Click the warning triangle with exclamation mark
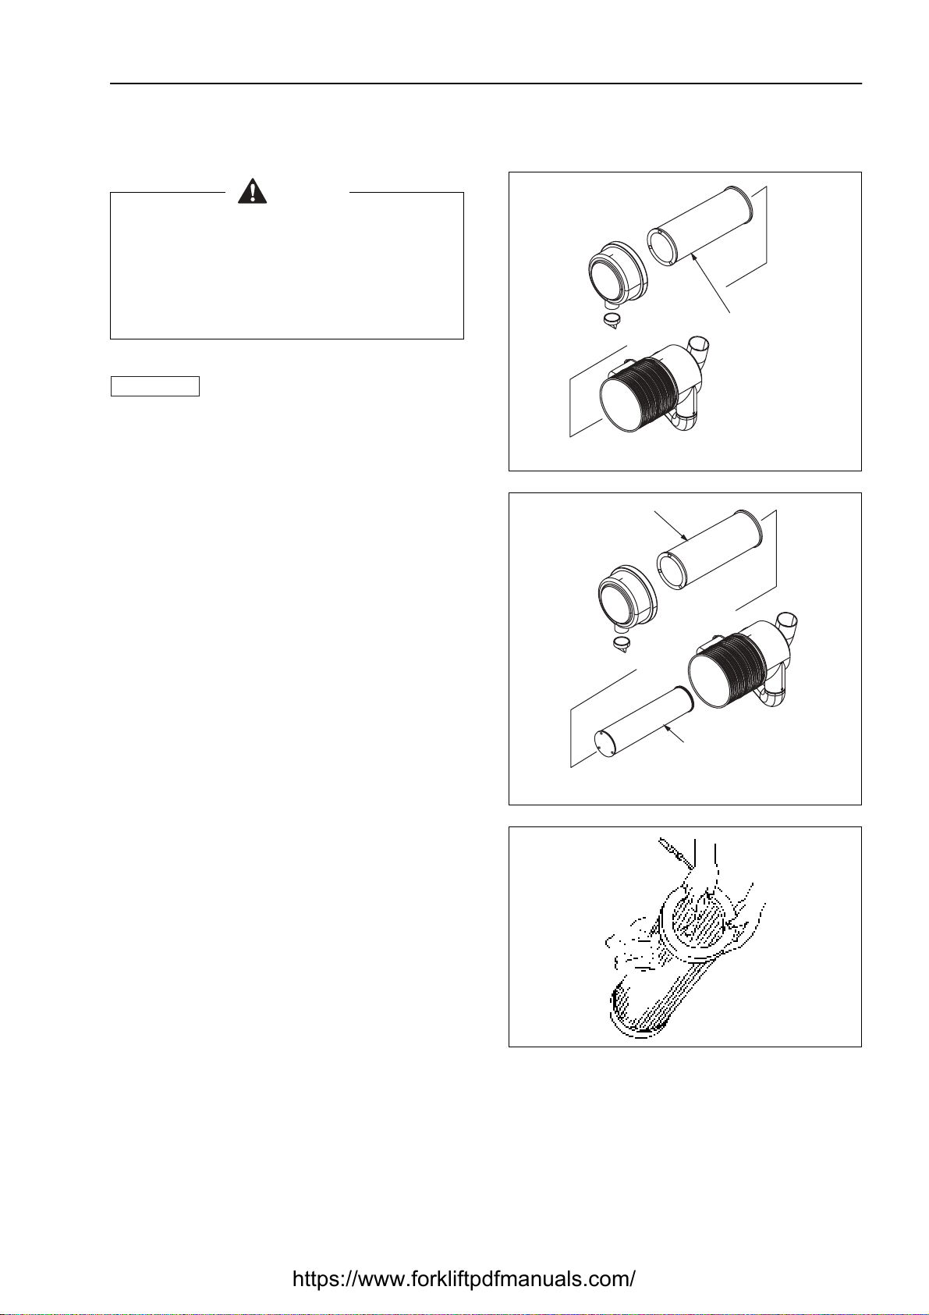click(253, 190)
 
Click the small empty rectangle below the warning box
click(155, 386)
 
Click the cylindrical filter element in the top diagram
click(700, 226)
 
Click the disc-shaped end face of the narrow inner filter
click(605, 745)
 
